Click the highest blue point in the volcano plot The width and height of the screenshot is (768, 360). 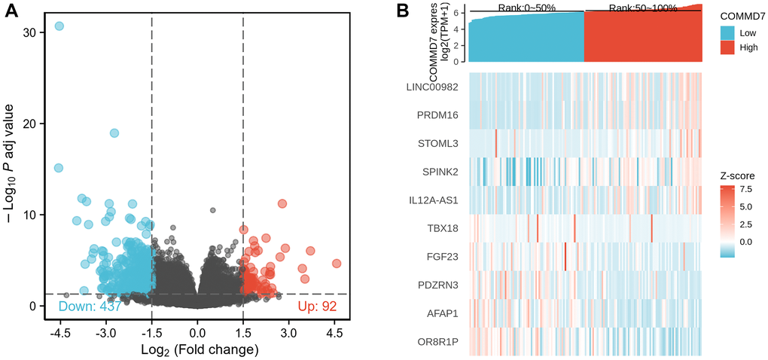point(59,26)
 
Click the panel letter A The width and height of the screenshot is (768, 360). point(13,11)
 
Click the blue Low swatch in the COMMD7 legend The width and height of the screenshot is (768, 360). point(727,34)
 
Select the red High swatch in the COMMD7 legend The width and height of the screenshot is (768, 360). point(727,47)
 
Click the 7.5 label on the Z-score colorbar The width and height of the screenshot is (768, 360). point(745,189)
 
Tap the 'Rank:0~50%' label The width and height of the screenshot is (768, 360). point(527,8)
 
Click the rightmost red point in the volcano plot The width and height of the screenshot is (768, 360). point(336,264)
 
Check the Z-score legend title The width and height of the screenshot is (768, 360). point(737,175)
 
